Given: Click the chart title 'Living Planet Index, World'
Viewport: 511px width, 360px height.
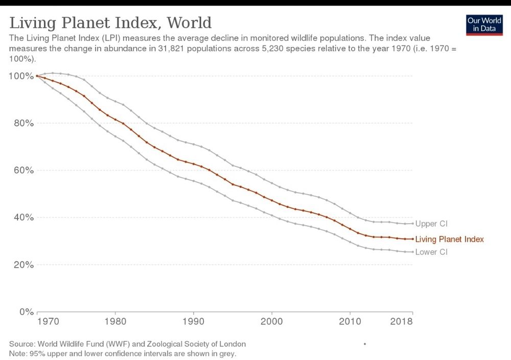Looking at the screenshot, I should (110, 23).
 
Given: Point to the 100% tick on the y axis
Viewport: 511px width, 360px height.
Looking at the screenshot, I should (20, 76).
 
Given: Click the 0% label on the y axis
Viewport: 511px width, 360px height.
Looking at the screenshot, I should (25, 311).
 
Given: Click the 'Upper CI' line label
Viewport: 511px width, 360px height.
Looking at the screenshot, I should (431, 224).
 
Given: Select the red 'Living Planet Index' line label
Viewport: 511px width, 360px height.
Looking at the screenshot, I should (450, 239).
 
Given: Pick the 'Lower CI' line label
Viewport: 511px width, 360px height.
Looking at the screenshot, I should (431, 252).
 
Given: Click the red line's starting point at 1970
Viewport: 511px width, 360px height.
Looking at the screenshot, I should (37, 76).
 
